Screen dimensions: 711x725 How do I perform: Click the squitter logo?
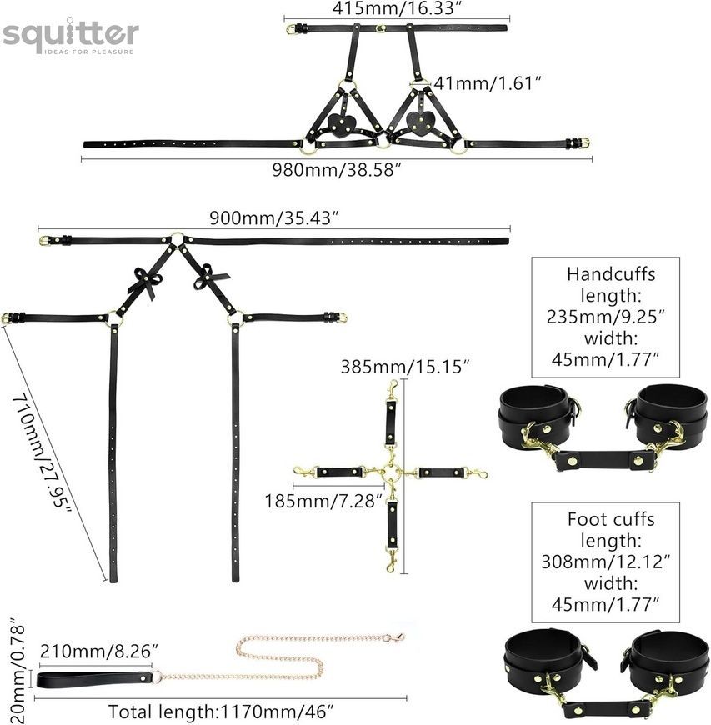[71, 36]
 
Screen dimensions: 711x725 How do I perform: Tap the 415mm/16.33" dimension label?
[398, 7]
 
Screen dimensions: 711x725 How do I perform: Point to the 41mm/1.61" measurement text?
[487, 83]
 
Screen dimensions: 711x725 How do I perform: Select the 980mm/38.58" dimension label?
[336, 170]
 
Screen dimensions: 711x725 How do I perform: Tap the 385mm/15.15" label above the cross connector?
[405, 367]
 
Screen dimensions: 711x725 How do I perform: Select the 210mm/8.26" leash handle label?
[99, 652]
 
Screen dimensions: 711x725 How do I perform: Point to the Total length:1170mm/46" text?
[221, 712]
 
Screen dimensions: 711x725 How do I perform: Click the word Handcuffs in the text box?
[611, 274]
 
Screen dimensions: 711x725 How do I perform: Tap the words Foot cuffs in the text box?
[611, 519]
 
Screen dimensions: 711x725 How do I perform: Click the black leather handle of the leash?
[94, 679]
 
